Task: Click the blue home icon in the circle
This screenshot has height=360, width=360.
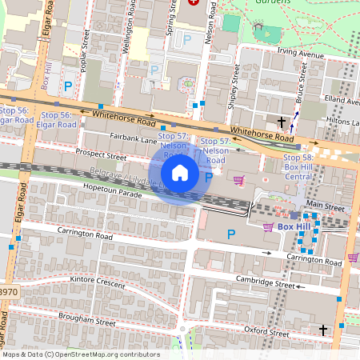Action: (180, 172)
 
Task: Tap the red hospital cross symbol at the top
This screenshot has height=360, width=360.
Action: (193, 2)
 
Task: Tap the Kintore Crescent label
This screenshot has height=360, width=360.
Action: (98, 282)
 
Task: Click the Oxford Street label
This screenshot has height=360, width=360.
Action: (266, 331)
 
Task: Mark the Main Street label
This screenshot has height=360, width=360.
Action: (324, 206)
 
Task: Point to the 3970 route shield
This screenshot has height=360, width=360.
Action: (7, 294)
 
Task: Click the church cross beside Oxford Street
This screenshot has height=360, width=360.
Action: (323, 330)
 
